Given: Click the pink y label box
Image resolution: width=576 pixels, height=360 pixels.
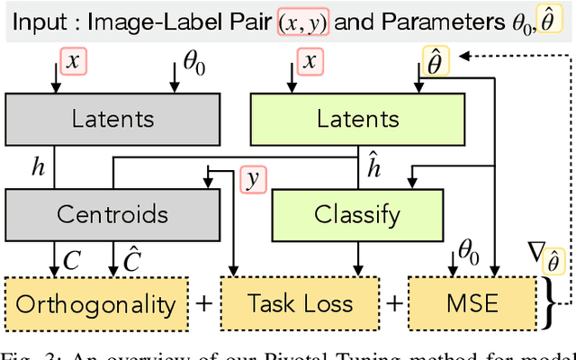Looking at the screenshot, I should coord(253,178).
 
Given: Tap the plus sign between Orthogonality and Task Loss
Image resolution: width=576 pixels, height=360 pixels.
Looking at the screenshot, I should coord(205,303).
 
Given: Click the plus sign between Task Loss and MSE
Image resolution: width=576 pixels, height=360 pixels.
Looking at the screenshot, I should coord(393,303).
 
